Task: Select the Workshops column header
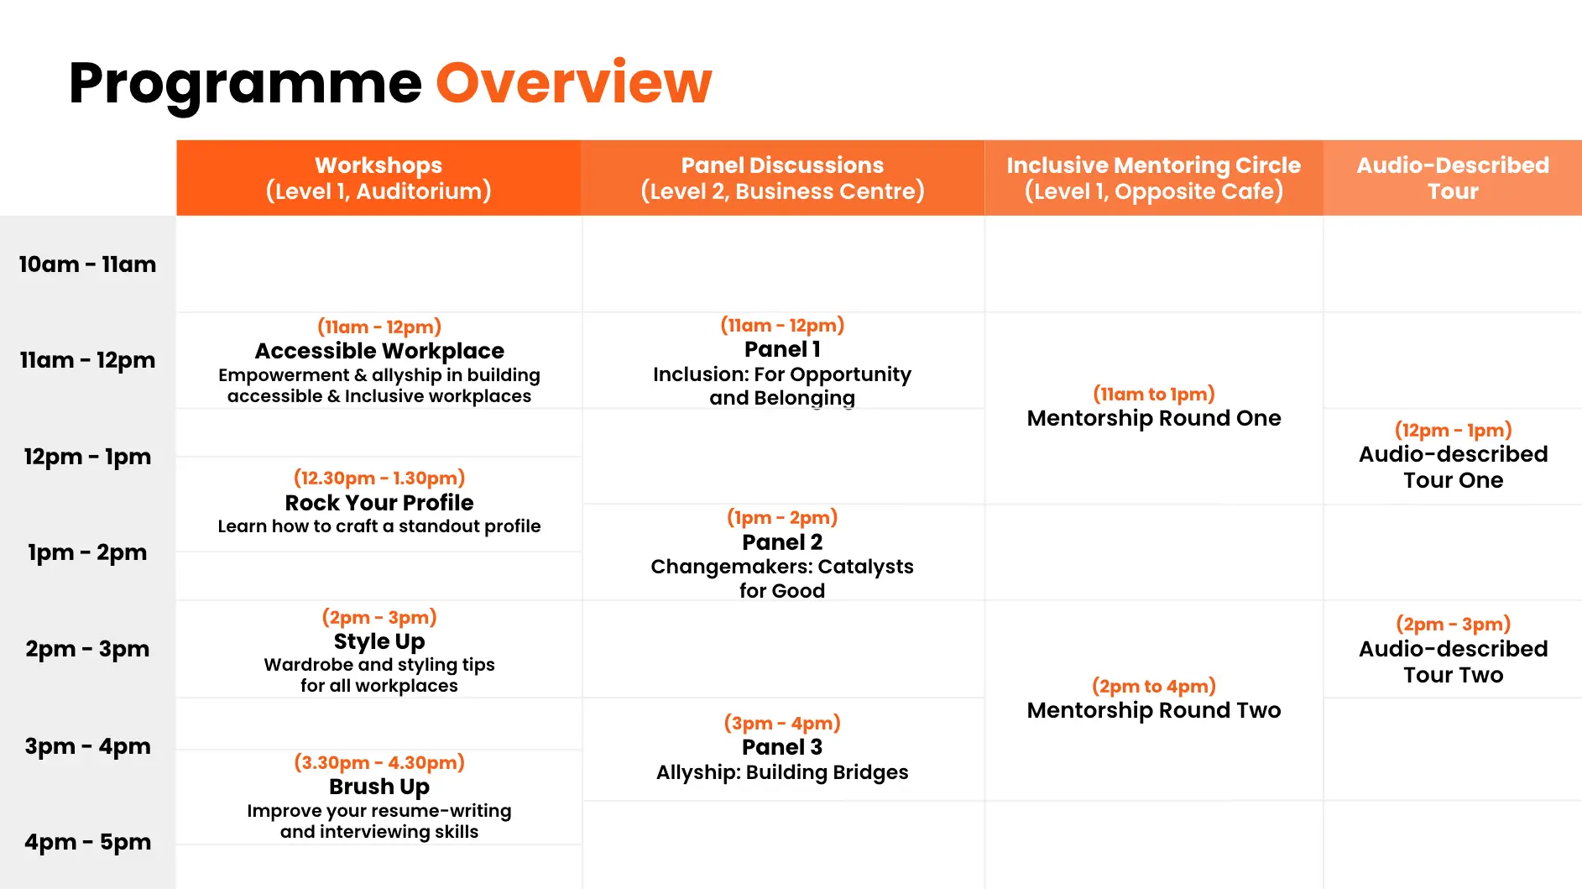pyautogui.click(x=379, y=178)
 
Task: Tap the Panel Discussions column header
pyautogui.click(x=782, y=178)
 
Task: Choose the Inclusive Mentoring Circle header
pyautogui.click(x=1154, y=178)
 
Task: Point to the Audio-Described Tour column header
pyautogui.click(x=1453, y=178)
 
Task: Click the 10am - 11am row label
pyautogui.click(x=87, y=264)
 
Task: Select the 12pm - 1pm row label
pyautogui.click(x=87, y=457)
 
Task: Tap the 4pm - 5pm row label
pyautogui.click(x=87, y=842)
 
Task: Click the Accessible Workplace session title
pyautogui.click(x=379, y=351)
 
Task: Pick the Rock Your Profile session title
pyautogui.click(x=379, y=503)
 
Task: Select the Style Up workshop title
pyautogui.click(x=379, y=641)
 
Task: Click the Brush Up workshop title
pyautogui.click(x=379, y=787)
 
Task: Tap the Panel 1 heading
pyautogui.click(x=782, y=349)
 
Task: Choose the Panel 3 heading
pyautogui.click(x=782, y=747)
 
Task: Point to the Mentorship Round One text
pyautogui.click(x=1154, y=418)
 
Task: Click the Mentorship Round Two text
pyautogui.click(x=1154, y=710)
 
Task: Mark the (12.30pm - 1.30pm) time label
pyautogui.click(x=379, y=478)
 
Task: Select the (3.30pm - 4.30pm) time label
pyautogui.click(x=379, y=762)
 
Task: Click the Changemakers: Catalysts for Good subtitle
pyautogui.click(x=782, y=578)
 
